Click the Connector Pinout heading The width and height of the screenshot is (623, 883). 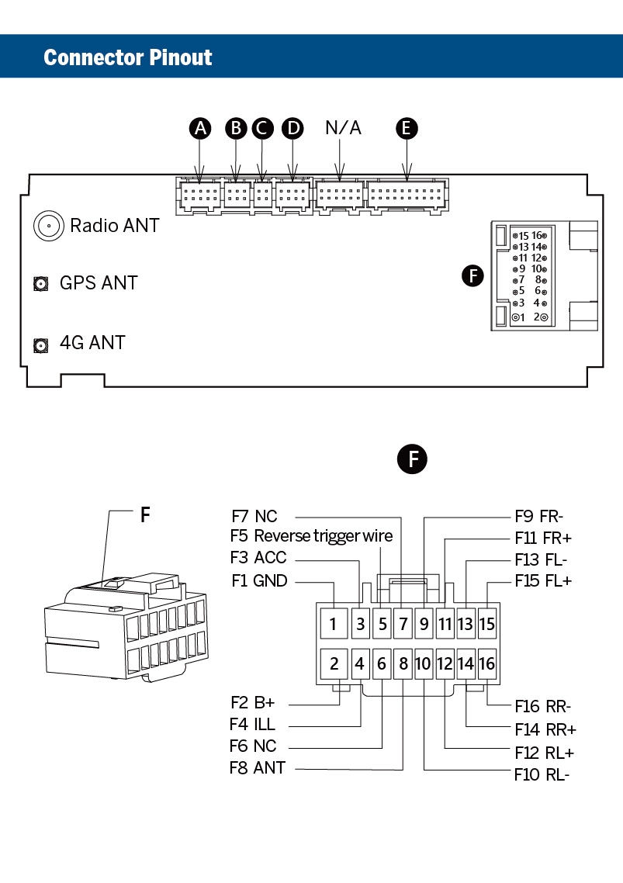(128, 57)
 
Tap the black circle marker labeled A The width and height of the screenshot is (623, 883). (201, 128)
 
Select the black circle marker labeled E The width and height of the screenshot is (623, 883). (406, 128)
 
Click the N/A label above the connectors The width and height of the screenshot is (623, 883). (343, 127)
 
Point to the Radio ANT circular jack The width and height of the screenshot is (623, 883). (48, 226)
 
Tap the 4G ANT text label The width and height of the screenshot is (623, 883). (92, 342)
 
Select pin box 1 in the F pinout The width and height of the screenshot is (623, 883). (333, 623)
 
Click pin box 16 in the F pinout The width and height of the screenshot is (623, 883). (486, 663)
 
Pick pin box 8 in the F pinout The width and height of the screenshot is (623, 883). (403, 663)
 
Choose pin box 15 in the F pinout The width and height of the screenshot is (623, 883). (486, 623)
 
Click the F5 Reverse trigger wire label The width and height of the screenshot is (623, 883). (311, 536)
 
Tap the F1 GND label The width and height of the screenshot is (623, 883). (259, 580)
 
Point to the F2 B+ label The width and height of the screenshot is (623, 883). (253, 703)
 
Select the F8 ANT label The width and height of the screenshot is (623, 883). (258, 768)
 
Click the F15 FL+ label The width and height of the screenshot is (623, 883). (542, 580)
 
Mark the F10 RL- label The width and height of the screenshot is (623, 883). (542, 774)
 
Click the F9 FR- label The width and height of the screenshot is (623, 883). (538, 516)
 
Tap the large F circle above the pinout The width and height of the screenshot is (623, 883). (413, 459)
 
